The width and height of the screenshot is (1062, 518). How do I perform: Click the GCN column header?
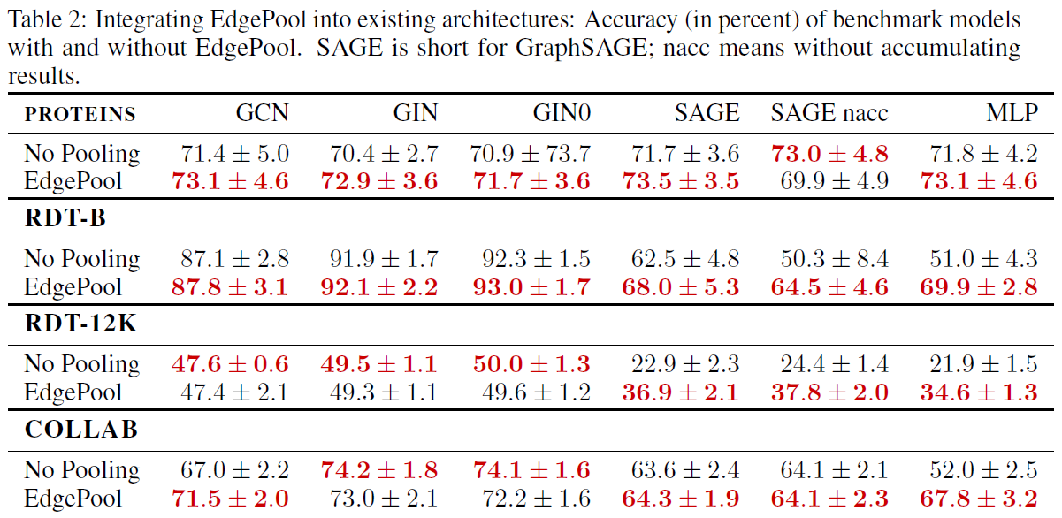coord(262,113)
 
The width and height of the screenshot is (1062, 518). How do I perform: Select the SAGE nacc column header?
coord(829,113)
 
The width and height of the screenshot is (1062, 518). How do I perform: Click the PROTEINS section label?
coord(80,114)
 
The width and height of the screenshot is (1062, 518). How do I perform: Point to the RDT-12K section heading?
coord(81,324)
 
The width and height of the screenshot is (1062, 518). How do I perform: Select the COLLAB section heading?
coord(80,430)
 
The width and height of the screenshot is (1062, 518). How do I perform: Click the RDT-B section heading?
coord(65,219)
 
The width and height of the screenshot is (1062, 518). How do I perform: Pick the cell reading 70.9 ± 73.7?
coord(530,154)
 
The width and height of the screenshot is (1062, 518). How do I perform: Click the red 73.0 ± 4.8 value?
coord(829,154)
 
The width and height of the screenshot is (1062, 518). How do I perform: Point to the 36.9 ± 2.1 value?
coord(679,392)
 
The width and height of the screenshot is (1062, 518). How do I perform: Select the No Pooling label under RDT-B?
coord(81,259)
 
